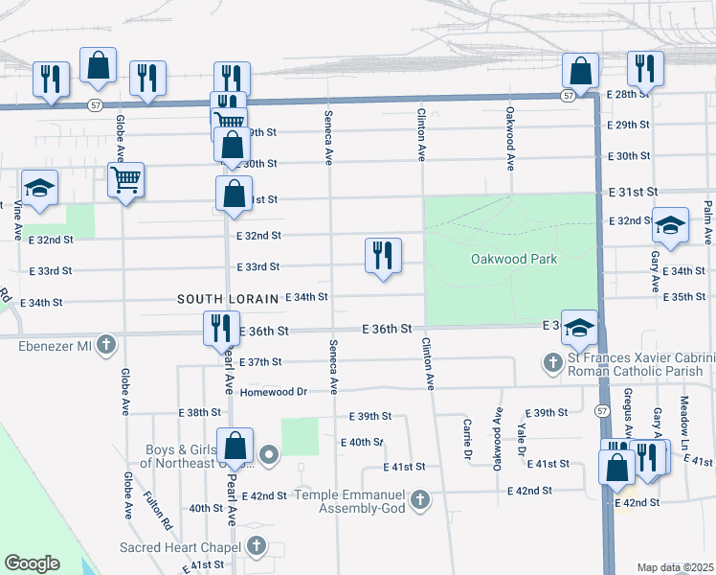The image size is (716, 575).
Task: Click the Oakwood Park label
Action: coord(514,260)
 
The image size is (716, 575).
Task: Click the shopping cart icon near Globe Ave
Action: coord(126,180)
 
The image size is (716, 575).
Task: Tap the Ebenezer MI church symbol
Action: coord(106,343)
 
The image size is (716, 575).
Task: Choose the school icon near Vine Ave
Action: coord(40,188)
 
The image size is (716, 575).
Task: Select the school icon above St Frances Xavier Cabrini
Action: coord(579,328)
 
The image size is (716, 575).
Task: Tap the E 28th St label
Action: coord(628,95)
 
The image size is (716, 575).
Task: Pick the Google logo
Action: coord(32,563)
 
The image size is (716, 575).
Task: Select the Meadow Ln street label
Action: coord(685,415)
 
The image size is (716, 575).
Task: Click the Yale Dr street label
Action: coord(523,438)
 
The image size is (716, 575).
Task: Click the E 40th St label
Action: coord(362,442)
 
